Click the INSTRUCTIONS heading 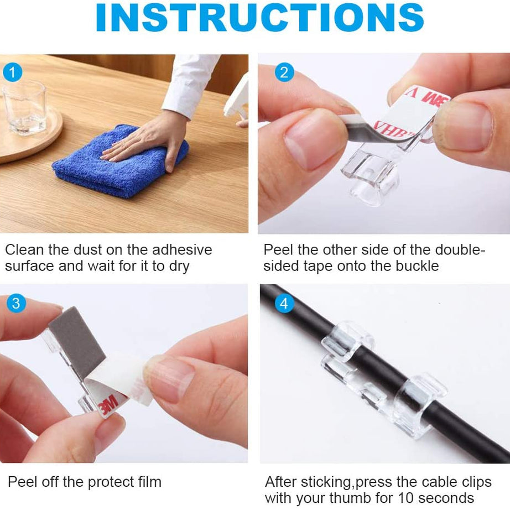(259, 18)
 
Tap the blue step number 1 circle (13, 72)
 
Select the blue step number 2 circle (284, 72)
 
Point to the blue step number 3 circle (16, 303)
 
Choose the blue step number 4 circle (284, 303)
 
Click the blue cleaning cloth (121, 161)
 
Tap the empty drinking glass (24, 107)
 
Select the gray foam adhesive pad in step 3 (77, 343)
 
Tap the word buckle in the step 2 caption (417, 266)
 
